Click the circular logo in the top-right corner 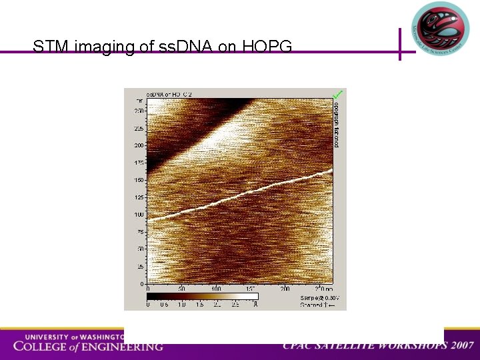click(441, 29)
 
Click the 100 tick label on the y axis click(139, 215)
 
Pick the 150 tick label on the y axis click(139, 180)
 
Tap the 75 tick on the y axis click(141, 232)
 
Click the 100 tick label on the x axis click(216, 289)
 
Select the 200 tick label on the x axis click(285, 289)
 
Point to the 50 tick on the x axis click(181, 289)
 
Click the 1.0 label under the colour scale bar click(182, 305)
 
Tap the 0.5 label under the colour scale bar click(165, 305)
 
